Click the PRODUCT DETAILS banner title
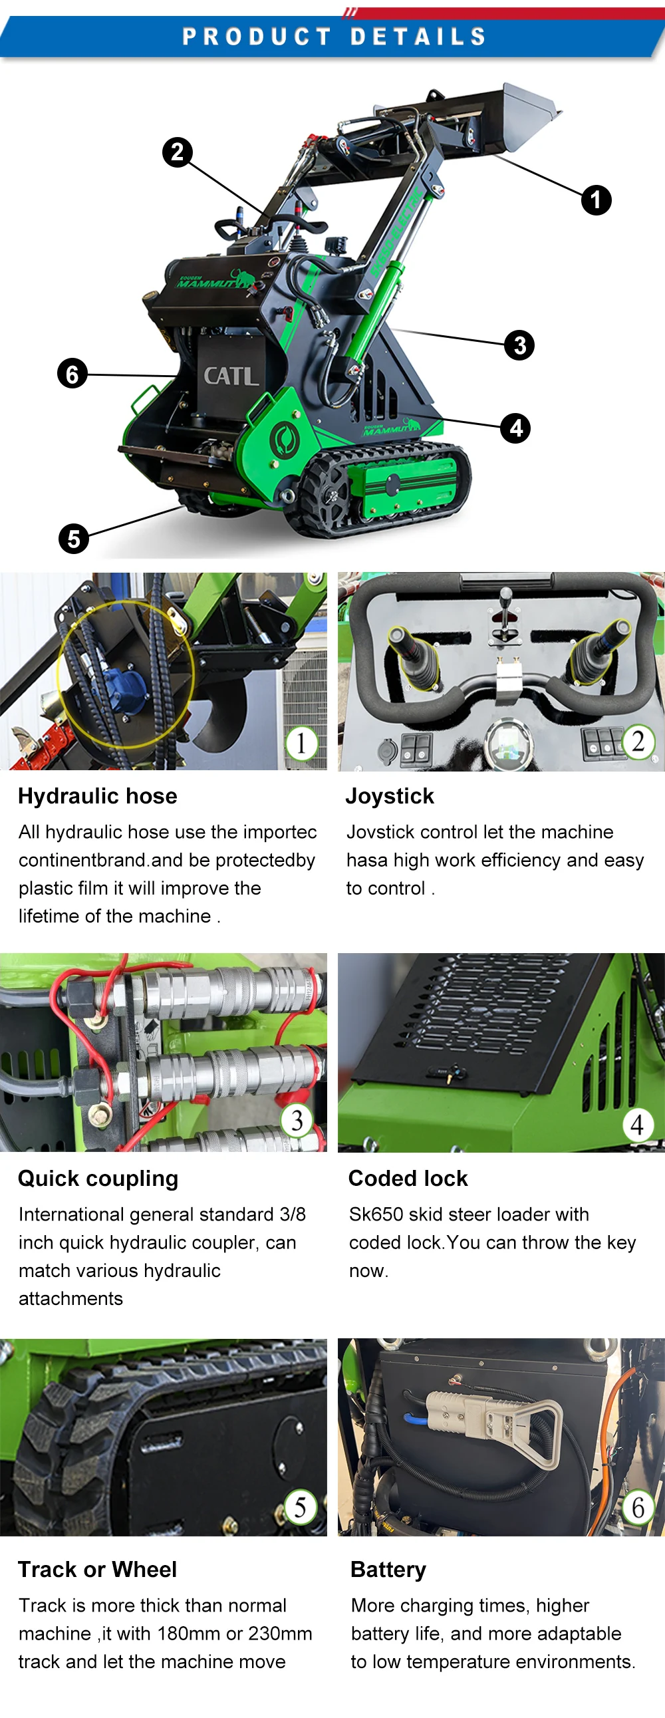point(334,37)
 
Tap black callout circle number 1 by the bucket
point(596,200)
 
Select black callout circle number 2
point(178,152)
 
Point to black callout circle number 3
point(519,345)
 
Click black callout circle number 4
point(515,428)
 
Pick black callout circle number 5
point(73,538)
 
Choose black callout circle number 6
point(72,374)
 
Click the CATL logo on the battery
point(230,376)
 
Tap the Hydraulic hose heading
point(97,796)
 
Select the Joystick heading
point(390,796)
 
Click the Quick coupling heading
point(98,1179)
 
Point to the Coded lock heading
point(408,1179)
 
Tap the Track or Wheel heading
point(97,1569)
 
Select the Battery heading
point(388,1570)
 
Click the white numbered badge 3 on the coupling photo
point(297,1121)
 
